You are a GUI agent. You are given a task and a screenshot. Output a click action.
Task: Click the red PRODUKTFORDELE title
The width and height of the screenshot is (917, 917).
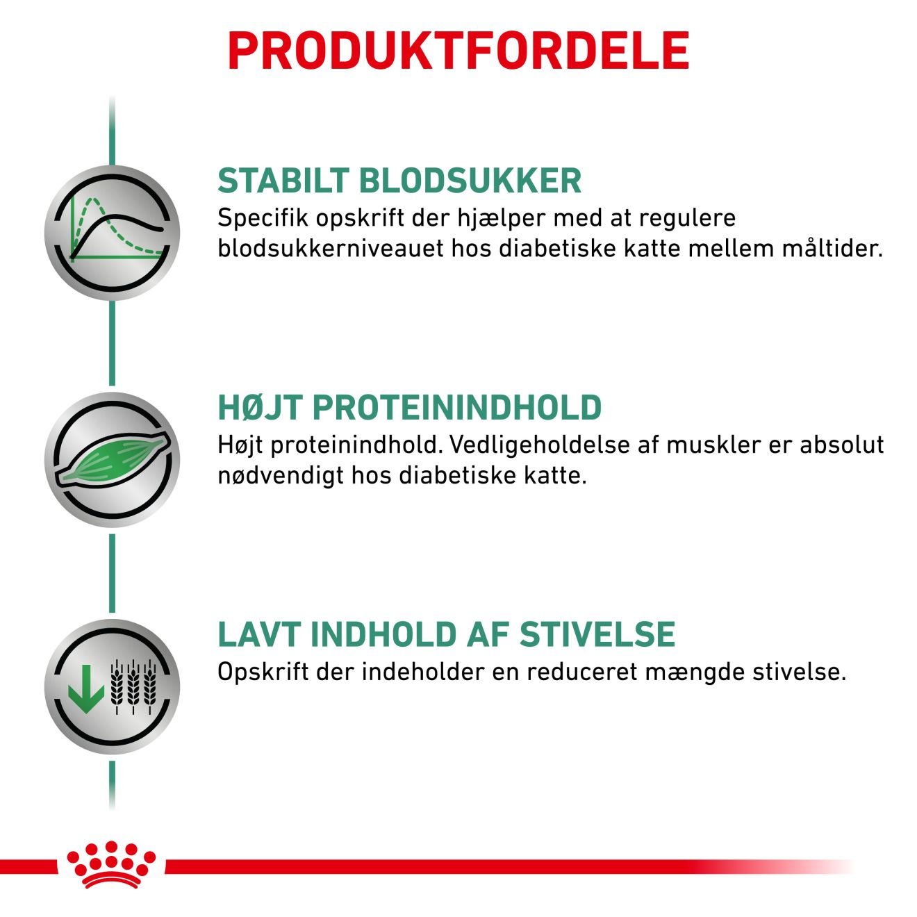pyautogui.click(x=458, y=51)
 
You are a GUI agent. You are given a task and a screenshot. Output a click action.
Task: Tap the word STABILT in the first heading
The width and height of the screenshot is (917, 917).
pyautogui.click(x=283, y=181)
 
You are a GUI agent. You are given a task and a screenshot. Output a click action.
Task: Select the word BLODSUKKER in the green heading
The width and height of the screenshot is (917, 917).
pyautogui.click(x=470, y=181)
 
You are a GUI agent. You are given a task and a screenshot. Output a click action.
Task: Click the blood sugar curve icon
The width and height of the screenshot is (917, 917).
pyautogui.click(x=112, y=233)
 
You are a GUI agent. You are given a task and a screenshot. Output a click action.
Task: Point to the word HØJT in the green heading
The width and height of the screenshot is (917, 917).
pyautogui.click(x=261, y=407)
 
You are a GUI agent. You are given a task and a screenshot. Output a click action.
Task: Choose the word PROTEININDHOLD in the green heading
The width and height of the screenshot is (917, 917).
pyautogui.click(x=457, y=407)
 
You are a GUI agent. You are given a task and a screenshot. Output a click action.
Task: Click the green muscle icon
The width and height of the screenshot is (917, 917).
pyautogui.click(x=112, y=460)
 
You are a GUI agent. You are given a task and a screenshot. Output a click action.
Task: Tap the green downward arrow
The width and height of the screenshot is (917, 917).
pyautogui.click(x=85, y=688)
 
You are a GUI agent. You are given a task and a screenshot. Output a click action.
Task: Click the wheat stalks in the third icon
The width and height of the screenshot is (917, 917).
pyautogui.click(x=133, y=686)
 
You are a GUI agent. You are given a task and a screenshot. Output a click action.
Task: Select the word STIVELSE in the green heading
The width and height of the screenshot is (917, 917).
pyautogui.click(x=597, y=634)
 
